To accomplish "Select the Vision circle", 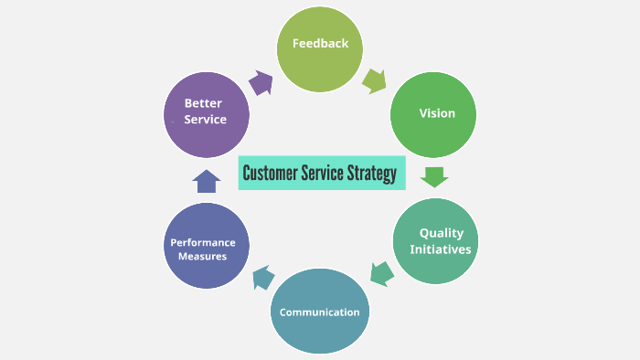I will point(434,113).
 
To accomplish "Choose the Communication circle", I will point(320,312).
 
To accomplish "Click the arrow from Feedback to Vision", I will point(374,80).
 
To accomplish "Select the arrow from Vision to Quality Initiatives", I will point(434,175).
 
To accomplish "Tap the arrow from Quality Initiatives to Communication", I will point(381,272).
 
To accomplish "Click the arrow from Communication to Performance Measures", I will point(261,277).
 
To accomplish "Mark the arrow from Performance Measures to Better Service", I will point(207,181).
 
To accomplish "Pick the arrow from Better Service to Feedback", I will point(261,82).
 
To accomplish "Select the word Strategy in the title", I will point(371,173).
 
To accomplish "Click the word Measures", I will point(202,257).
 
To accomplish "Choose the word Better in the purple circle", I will point(202,103).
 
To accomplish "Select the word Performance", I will point(203,242).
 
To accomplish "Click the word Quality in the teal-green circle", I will point(442,233).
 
